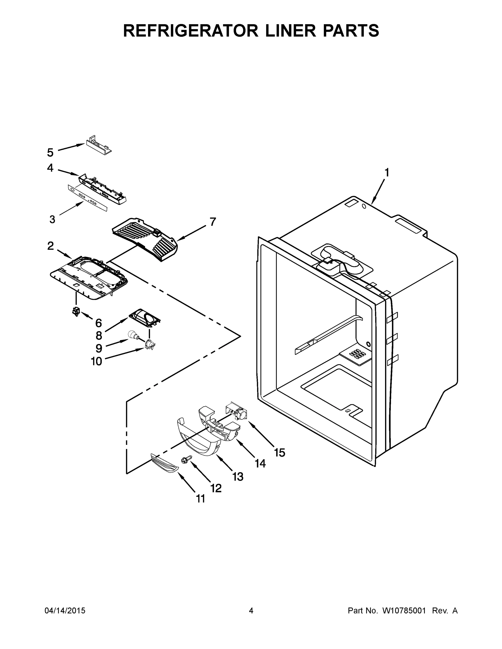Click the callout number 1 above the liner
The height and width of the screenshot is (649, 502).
click(387, 172)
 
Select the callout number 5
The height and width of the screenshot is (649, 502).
click(50, 153)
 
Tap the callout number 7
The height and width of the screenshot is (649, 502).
click(213, 222)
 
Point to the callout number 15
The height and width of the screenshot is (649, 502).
click(280, 453)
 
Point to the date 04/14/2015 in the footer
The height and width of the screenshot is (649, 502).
click(65, 611)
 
